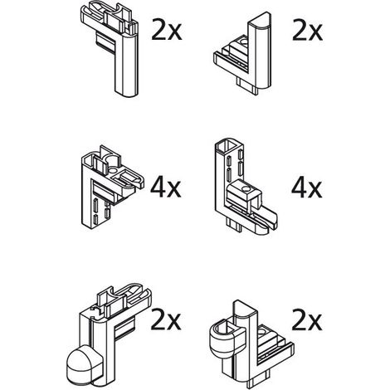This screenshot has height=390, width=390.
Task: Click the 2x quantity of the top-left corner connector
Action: click(167, 30)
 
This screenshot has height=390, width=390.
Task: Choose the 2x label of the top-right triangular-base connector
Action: click(308, 31)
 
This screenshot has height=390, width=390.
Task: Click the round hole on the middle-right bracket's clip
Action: click(245, 189)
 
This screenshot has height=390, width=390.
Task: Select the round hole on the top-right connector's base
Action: click(245, 42)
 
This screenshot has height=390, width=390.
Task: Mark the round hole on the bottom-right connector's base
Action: click(262, 331)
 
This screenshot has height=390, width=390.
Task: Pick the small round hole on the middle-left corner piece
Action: click(113, 171)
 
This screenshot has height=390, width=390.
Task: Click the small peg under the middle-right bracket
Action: click(235, 225)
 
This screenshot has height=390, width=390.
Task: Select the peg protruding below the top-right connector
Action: click(247, 86)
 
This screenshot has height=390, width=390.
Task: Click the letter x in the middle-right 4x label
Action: click(315, 190)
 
